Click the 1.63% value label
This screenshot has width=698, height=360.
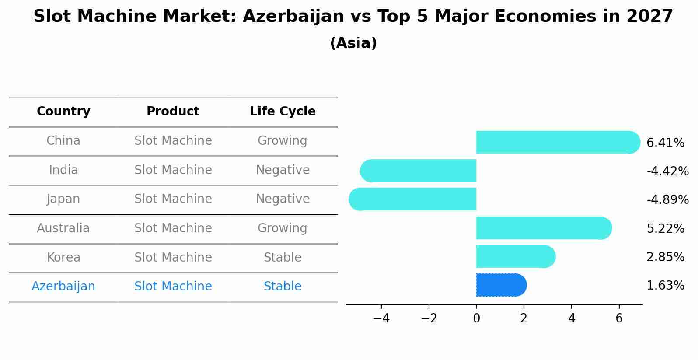(x=665, y=286)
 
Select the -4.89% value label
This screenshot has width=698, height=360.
(x=667, y=199)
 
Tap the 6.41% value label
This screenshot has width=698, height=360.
(x=665, y=143)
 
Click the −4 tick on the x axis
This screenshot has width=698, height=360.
(x=381, y=318)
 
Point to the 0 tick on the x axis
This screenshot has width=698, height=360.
(x=476, y=318)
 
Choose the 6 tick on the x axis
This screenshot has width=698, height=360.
(x=619, y=318)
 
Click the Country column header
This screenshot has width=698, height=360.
(x=63, y=112)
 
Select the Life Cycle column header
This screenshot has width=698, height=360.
(x=283, y=112)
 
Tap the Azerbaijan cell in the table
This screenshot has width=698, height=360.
(x=63, y=287)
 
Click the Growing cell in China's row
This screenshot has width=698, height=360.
(x=283, y=141)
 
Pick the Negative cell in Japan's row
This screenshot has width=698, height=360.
(x=283, y=199)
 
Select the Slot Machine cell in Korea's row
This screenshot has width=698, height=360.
(x=173, y=257)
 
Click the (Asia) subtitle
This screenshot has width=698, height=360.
(x=353, y=43)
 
